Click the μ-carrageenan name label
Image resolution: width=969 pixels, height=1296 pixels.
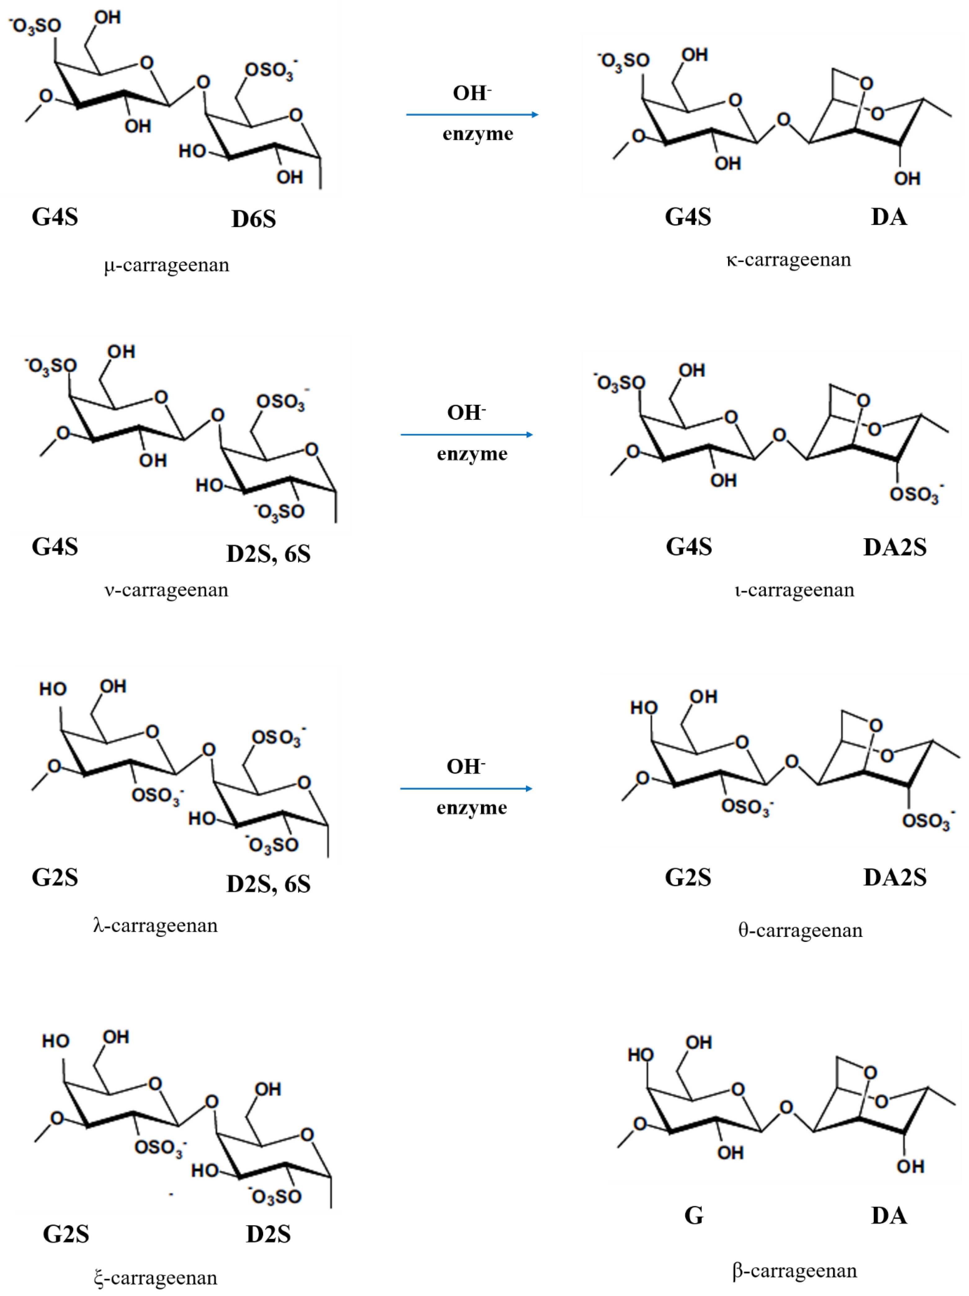click(x=167, y=265)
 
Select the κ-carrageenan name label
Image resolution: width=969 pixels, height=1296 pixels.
click(x=789, y=259)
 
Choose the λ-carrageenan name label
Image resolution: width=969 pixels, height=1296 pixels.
click(x=155, y=925)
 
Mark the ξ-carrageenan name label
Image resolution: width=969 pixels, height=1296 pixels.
click(x=155, y=1278)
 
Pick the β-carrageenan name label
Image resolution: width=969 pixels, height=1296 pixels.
click(x=794, y=1271)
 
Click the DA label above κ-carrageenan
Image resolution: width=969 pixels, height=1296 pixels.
click(x=889, y=217)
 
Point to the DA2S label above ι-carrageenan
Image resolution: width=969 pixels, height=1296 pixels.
click(x=895, y=547)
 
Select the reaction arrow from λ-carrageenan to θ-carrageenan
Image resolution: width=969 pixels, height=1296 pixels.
click(x=466, y=789)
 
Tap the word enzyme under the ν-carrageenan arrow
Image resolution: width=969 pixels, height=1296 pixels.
click(x=472, y=454)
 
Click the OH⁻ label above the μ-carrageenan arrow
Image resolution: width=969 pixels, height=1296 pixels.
click(x=472, y=93)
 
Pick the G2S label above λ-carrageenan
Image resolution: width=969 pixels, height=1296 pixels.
click(x=55, y=878)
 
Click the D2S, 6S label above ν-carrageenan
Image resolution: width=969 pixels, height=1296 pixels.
click(x=268, y=554)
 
